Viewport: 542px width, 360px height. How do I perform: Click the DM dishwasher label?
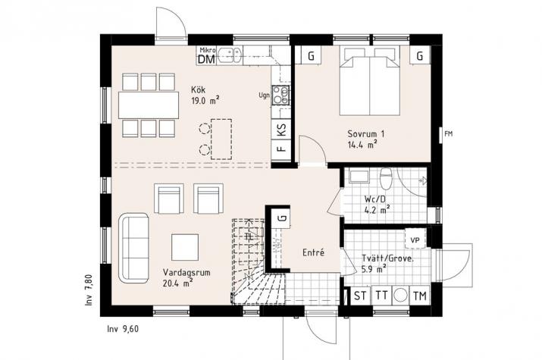point(206,59)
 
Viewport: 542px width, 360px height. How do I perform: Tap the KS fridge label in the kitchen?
point(282,130)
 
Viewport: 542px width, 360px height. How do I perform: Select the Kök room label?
point(199,90)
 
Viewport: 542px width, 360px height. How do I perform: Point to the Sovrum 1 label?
point(366,133)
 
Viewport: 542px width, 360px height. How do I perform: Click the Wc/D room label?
point(376,199)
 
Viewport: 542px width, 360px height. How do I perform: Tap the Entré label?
point(314,252)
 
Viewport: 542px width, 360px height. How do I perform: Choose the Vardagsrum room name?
point(186,272)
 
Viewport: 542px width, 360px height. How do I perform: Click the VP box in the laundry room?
point(415,239)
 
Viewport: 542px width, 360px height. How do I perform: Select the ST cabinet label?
point(360,296)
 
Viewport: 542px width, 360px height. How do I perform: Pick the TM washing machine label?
point(420,296)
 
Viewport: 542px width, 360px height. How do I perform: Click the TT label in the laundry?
point(381,296)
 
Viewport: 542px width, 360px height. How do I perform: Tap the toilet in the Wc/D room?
point(385,178)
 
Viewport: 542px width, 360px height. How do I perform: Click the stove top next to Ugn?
point(281,95)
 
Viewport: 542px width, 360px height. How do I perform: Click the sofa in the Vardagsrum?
point(134,248)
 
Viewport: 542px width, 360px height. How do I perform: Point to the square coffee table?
point(185,247)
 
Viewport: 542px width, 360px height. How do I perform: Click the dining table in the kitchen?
point(149,105)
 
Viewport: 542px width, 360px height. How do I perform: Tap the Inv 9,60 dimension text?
point(123,329)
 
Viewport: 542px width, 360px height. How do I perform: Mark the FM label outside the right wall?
point(448,133)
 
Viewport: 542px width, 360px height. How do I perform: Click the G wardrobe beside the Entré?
point(283,218)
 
